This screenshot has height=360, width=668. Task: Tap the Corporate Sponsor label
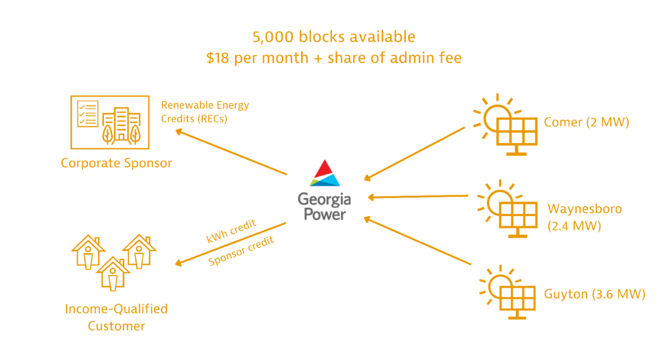click(116, 163)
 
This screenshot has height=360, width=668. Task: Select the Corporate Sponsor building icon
click(110, 122)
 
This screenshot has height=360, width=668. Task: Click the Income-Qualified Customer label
click(116, 317)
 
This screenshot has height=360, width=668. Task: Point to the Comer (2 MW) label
click(586, 123)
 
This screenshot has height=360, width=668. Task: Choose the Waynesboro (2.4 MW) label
click(584, 218)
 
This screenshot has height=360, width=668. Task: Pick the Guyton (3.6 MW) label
click(594, 294)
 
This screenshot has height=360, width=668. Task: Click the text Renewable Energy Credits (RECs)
click(205, 112)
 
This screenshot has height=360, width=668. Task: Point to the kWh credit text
click(231, 231)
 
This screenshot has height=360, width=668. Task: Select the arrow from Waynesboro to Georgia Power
click(417, 197)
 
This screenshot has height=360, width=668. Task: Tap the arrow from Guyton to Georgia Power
click(417, 241)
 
